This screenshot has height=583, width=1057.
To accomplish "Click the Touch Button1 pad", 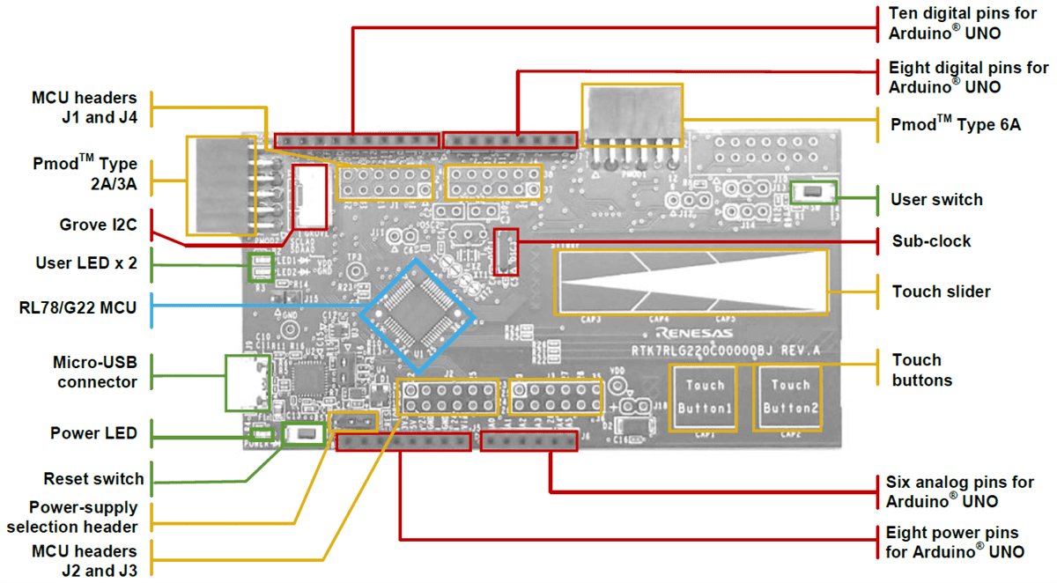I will point(705,396).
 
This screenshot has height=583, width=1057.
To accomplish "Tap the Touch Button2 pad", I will point(790,396).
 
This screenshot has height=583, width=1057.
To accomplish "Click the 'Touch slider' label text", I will point(941,291).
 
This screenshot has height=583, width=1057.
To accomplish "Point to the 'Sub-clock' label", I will point(931,240).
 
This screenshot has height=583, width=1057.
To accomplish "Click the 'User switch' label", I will point(936,200).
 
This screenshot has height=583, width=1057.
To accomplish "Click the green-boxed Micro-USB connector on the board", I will point(250,382).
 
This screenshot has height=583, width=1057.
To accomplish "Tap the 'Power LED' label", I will point(93,433).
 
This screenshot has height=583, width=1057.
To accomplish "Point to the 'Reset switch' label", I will point(93,479).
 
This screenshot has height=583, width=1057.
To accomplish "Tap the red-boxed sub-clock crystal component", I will point(506,252).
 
